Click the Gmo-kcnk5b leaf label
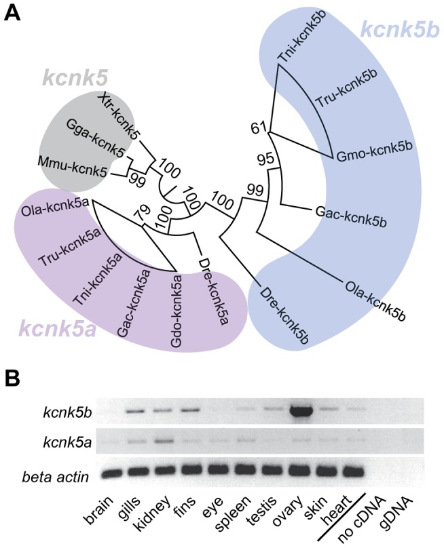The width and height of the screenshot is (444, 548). [x=367, y=158]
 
